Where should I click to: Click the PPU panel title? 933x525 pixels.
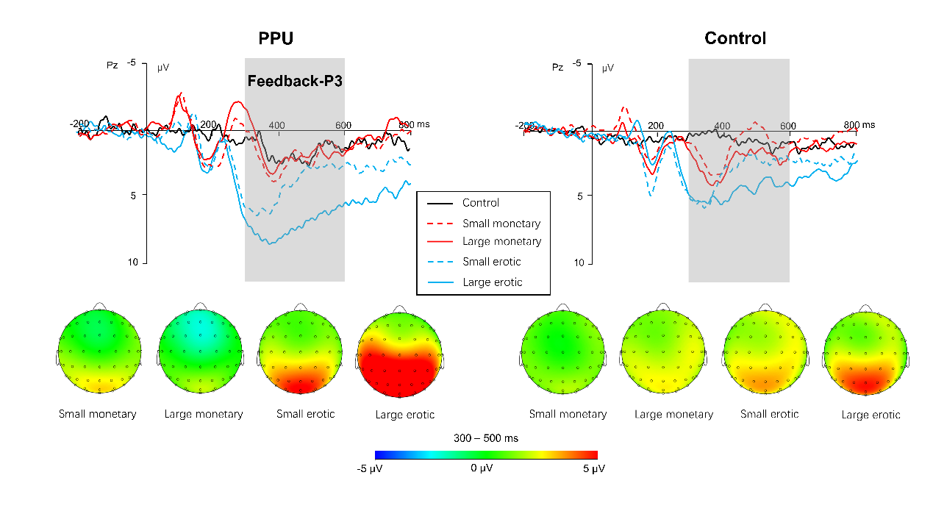coord(276,39)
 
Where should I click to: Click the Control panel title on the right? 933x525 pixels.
coord(734,39)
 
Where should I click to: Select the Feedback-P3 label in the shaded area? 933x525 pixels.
coord(295,81)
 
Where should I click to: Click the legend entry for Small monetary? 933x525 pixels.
coord(501,224)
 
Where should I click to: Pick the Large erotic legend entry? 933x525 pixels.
coord(492,282)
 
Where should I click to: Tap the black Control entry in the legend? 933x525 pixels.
coord(480,203)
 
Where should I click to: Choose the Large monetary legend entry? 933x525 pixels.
coord(501,242)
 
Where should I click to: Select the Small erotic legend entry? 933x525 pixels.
coord(492,262)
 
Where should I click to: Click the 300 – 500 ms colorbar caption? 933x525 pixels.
coord(485,438)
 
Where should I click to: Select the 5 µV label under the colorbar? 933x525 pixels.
coord(593,468)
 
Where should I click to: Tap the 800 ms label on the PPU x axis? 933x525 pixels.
coord(414,124)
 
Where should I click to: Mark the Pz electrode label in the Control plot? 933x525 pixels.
coord(558,67)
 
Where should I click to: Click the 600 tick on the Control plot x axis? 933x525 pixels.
coord(788,124)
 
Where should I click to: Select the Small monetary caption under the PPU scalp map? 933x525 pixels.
coord(98,414)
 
